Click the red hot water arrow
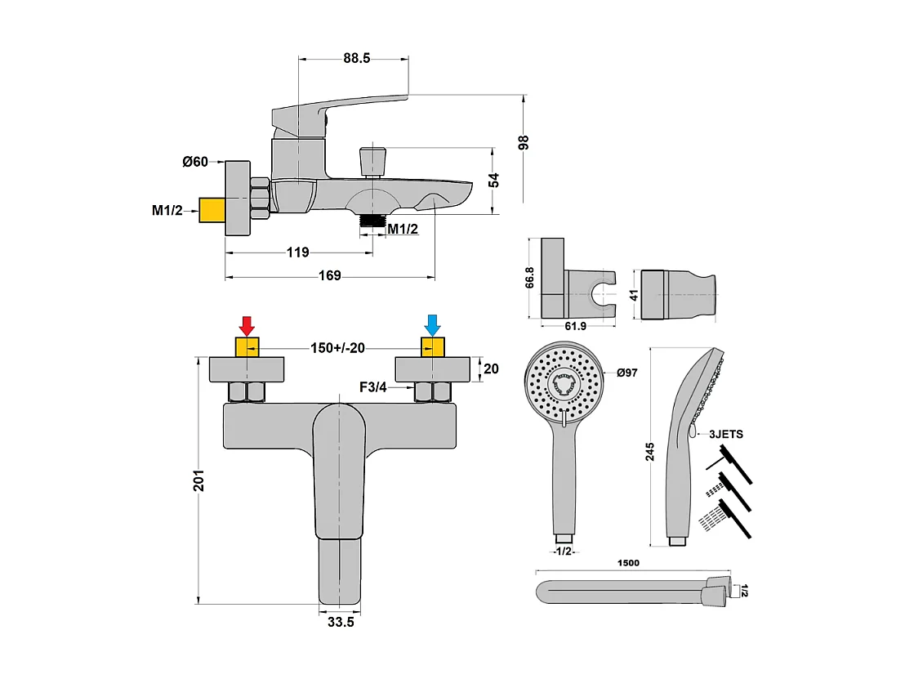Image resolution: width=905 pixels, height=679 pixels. coord(247,326)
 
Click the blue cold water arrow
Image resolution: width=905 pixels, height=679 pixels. coord(432,326)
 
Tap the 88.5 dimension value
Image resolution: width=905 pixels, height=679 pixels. coord(357,58)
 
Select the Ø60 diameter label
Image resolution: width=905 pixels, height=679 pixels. coord(195,163)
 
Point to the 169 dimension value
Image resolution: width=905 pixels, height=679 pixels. coord(329,276)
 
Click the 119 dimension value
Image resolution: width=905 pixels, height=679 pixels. coord(298,252)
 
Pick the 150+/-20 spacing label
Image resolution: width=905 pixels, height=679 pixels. coord(337,348)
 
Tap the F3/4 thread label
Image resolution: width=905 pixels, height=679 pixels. coord(372,387)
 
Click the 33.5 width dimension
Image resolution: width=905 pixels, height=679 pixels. coord(341,623)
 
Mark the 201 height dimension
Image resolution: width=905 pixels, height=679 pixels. coord(198,480)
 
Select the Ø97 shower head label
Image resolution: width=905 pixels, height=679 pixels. coord(626,373)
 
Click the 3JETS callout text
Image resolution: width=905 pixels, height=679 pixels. coord(726,434)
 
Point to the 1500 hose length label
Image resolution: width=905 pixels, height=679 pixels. coord(629,563)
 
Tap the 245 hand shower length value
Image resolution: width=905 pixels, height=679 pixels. coord(650,452)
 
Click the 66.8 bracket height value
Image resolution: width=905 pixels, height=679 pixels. coord(530,278)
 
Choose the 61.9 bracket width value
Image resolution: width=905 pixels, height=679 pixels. coord(576,326)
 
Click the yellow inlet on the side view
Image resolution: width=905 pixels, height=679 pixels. coord(212,210)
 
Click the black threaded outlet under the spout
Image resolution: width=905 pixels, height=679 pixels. coord(372,221)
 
